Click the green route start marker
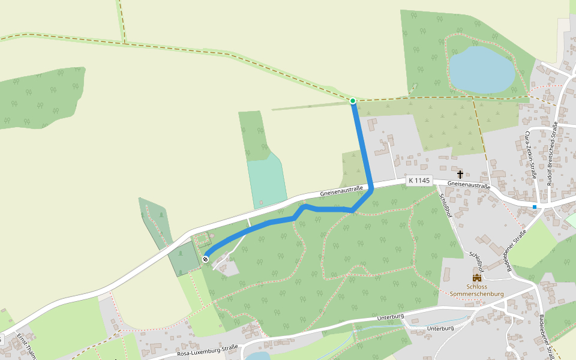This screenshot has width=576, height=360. pyautogui.click(x=353, y=101)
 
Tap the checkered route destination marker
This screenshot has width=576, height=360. pyautogui.click(x=205, y=259)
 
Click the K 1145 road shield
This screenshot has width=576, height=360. pyautogui.click(x=419, y=180)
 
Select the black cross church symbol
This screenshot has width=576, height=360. pyautogui.click(x=460, y=175)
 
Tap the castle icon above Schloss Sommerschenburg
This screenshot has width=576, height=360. pyautogui.click(x=477, y=278)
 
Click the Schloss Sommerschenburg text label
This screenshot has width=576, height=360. pyautogui.click(x=477, y=290)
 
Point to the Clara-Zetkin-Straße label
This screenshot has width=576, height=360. pyautogui.click(x=530, y=155)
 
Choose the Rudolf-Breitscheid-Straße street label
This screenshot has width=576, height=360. pyautogui.click(x=553, y=154)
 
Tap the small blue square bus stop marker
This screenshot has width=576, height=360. pyautogui.click(x=534, y=207)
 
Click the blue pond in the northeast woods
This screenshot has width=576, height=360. pyautogui.click(x=481, y=68)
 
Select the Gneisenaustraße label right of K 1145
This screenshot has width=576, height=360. pyautogui.click(x=469, y=185)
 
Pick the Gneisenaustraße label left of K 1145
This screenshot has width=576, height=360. pyautogui.click(x=341, y=191)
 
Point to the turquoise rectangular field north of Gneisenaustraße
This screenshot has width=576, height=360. pyautogui.click(x=267, y=180)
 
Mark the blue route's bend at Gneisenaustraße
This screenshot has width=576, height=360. pyautogui.click(x=371, y=190)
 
